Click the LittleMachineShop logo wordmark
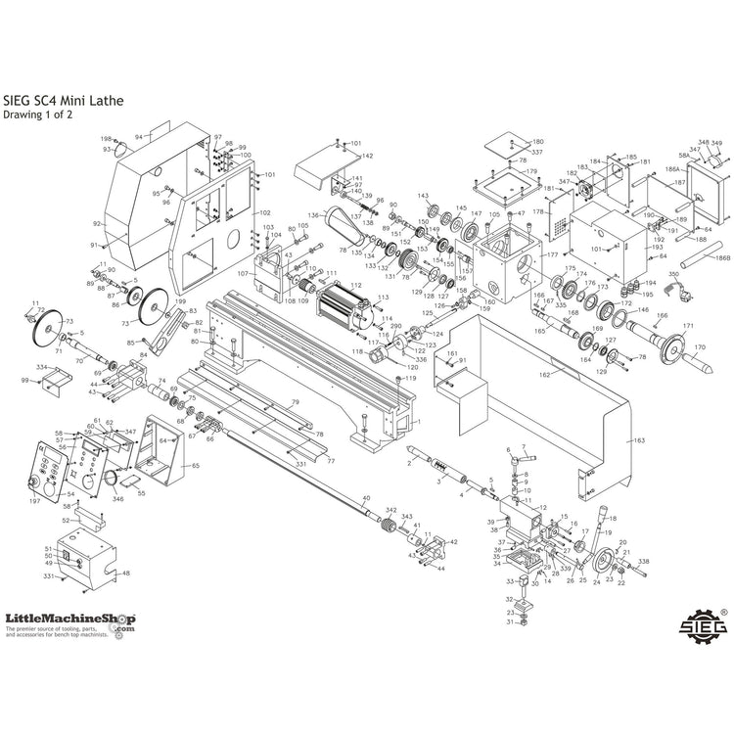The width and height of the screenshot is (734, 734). coord(69,619)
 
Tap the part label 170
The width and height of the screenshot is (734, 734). coord(699,347)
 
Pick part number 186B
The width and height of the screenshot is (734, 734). coord(722,258)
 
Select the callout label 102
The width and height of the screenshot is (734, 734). coord(264,212)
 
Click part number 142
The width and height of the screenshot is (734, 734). coord(367,157)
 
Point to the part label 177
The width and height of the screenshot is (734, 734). coord(553,254)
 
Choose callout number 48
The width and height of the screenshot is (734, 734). coord(125,573)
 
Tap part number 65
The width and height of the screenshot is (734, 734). coord(195,466)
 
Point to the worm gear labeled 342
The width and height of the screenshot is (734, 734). coord(389,528)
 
